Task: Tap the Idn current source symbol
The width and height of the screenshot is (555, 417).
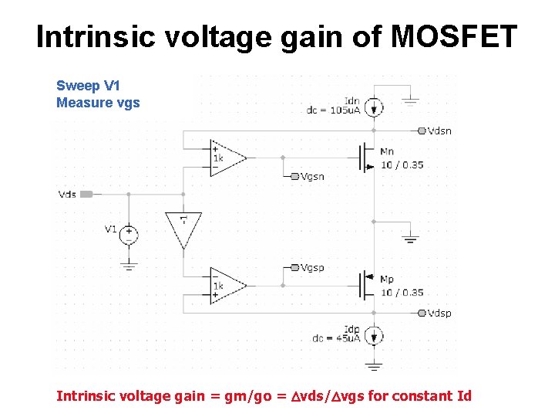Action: (374, 107)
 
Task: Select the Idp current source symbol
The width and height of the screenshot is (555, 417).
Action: (374, 336)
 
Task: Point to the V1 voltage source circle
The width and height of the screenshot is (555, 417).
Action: (128, 232)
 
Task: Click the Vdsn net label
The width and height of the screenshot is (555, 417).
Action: (439, 131)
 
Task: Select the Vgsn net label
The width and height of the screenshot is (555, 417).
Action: (311, 176)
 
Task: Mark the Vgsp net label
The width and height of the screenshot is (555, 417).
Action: (311, 267)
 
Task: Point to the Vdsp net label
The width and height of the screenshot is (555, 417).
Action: (439, 313)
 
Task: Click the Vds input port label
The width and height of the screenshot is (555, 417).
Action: (68, 194)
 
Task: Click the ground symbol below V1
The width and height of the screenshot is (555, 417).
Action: (128, 265)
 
